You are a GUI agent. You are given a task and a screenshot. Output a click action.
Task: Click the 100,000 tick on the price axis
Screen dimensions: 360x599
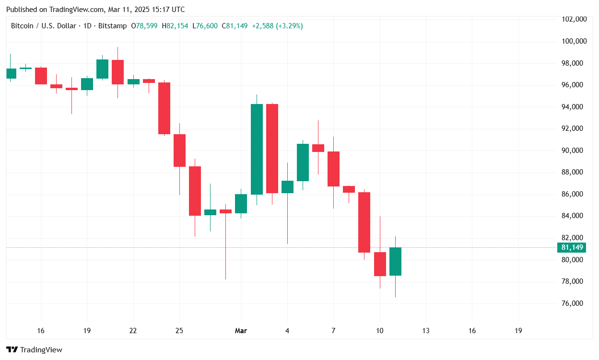pos(574,41)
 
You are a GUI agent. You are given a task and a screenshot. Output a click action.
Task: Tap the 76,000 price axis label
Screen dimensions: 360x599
pos(574,303)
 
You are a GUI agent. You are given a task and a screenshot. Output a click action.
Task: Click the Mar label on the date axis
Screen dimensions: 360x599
pos(241,331)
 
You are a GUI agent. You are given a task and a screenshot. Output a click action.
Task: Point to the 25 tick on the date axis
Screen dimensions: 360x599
pos(179,331)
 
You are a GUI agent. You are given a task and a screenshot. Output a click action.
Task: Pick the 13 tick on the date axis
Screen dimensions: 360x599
pos(426,331)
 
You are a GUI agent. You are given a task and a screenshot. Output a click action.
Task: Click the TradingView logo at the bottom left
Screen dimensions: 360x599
pos(34,350)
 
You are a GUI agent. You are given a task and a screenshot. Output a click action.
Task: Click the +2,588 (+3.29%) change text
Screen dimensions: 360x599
pos(277,26)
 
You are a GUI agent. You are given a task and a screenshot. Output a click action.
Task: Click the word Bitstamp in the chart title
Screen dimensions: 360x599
pos(112,26)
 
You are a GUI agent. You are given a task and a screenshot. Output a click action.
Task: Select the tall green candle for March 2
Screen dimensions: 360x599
pos(257,149)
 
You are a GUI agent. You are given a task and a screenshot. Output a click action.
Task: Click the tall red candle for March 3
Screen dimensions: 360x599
pos(272,149)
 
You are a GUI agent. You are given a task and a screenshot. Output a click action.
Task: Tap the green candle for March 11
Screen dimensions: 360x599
pos(395,261)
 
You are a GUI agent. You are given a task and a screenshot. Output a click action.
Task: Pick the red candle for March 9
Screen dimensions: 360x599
pos(364,222)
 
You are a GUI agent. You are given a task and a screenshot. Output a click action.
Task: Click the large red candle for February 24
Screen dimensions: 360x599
pos(164,108)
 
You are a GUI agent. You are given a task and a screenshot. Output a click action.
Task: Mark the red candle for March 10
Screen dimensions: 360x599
pos(380,264)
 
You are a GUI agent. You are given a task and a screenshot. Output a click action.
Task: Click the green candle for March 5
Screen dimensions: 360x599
pos(303,163)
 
